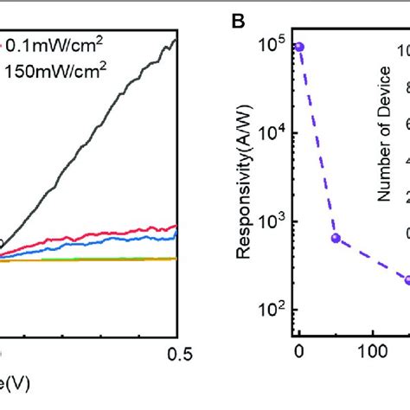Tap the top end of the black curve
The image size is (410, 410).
(176, 40)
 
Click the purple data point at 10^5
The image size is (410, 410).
(299, 47)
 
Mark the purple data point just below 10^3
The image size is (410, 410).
(336, 238)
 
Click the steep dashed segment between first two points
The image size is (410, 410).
(317, 143)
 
